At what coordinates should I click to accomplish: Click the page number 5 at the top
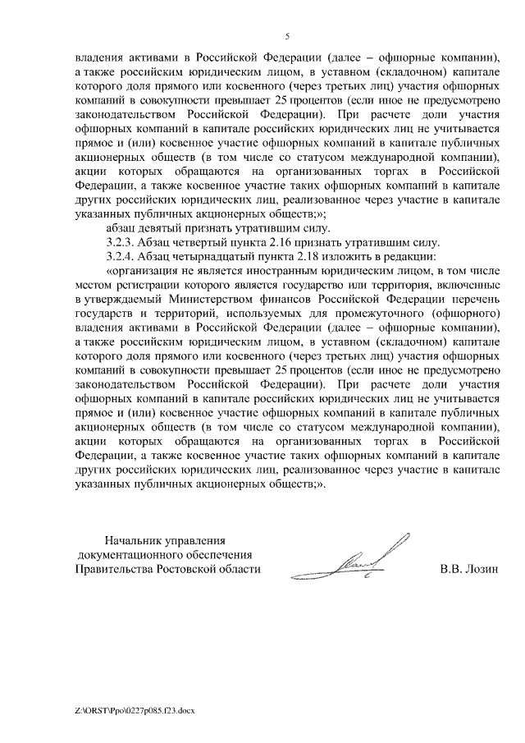287,36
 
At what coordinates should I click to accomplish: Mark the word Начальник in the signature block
135,540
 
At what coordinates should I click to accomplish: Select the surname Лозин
481,568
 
